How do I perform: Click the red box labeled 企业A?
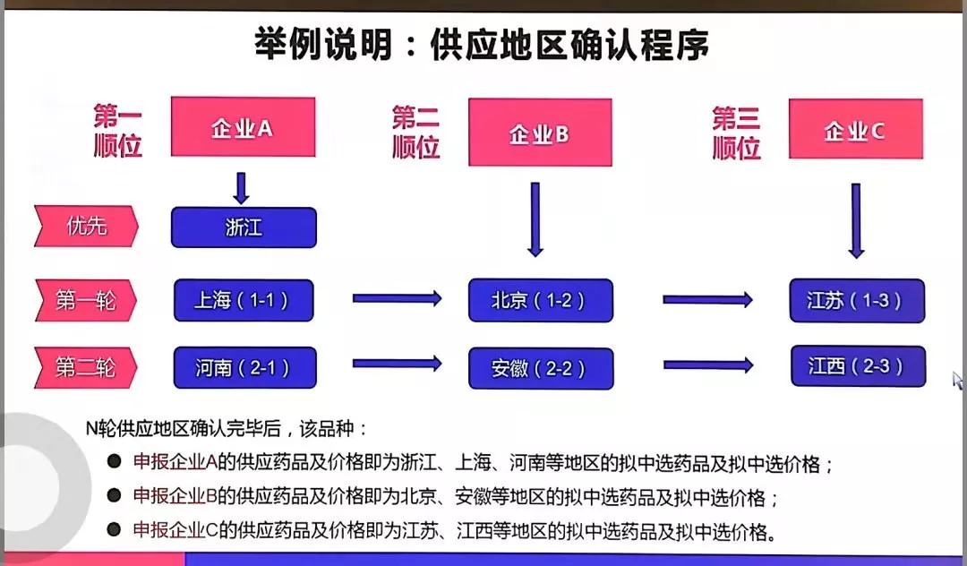tap(243, 127)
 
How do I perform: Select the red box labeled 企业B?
tap(540, 133)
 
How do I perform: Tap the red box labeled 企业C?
tap(855, 130)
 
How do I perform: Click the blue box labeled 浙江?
tap(244, 227)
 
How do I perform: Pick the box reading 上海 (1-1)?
tap(244, 300)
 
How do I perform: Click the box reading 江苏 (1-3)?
tap(856, 300)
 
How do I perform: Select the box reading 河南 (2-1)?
tap(244, 367)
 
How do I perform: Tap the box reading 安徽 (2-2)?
tap(540, 368)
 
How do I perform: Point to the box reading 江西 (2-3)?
tap(857, 366)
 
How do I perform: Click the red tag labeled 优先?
tap(87, 227)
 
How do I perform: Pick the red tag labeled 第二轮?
tap(87, 367)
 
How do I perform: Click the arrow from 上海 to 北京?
tap(397, 298)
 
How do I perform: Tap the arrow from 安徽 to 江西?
tap(707, 364)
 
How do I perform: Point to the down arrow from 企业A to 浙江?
tap(241, 187)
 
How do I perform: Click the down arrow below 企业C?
tap(856, 220)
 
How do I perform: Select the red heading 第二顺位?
tap(416, 132)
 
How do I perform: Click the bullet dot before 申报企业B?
tap(114, 495)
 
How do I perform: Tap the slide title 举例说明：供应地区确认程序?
tap(483, 45)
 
